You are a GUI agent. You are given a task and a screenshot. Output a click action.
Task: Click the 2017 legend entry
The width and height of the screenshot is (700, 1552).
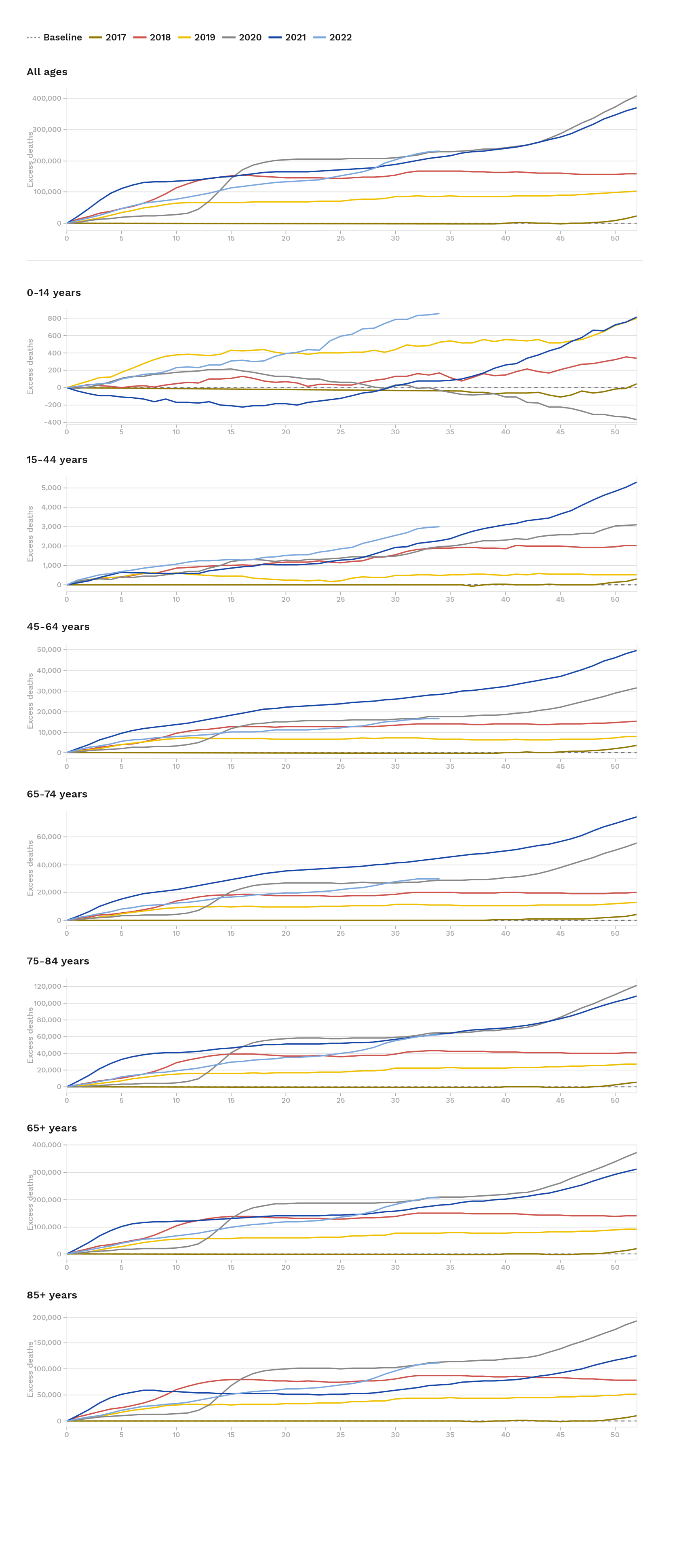108,37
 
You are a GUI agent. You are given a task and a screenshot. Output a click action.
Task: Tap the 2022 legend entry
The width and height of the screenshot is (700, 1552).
333,37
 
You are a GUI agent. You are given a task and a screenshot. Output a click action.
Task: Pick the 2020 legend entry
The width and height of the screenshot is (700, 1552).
242,37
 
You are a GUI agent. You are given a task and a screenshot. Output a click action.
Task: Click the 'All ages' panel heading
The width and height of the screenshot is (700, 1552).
47,72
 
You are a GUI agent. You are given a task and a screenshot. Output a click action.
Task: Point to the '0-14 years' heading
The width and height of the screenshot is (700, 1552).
54,293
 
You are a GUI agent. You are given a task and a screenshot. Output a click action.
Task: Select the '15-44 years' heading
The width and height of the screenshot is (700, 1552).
57,460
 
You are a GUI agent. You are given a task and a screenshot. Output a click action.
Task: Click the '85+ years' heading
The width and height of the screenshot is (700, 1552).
52,1295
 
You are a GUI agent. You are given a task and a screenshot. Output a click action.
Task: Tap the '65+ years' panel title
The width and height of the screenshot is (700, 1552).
52,1128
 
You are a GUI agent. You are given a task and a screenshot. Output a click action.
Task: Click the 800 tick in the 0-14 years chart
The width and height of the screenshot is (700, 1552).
54,318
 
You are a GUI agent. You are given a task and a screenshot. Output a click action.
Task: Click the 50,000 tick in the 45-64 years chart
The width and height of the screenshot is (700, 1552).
49,649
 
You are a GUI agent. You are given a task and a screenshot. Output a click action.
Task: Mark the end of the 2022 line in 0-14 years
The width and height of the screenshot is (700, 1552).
439,313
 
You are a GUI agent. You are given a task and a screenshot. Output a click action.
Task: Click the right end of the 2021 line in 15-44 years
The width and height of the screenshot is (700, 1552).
636,482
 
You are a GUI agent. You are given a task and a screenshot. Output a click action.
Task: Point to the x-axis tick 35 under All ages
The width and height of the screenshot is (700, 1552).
450,238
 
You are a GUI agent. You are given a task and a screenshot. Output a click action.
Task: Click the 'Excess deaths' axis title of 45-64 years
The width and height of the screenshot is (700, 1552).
30,701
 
